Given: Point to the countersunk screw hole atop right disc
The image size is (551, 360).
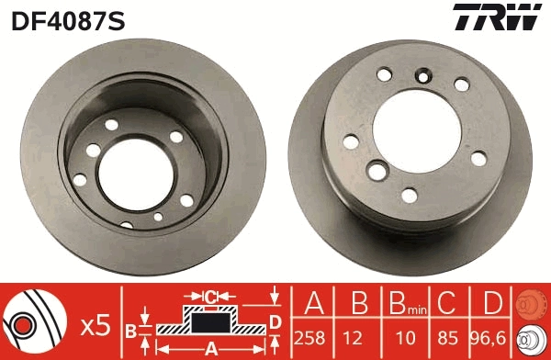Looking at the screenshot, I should pyautogui.click(x=423, y=76).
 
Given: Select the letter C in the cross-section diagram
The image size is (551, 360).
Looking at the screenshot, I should pyautogui.click(x=211, y=297).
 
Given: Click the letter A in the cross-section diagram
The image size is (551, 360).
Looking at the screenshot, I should pyautogui.click(x=211, y=348).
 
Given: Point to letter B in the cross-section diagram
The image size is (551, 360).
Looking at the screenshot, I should pyautogui.click(x=132, y=329).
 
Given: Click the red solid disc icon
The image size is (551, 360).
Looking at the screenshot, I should pyautogui.click(x=531, y=302).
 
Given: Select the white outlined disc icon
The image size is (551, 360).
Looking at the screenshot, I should pyautogui.click(x=531, y=339).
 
